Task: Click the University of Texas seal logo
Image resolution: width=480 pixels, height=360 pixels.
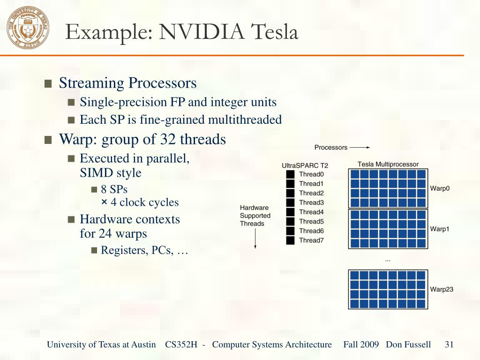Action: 28,27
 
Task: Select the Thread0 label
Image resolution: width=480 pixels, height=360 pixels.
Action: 311,174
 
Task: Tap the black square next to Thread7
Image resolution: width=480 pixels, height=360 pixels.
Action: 290,240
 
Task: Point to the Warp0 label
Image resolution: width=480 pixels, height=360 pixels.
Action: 440,189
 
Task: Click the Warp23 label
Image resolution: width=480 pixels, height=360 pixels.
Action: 442,289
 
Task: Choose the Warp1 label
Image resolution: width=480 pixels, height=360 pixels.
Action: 440,229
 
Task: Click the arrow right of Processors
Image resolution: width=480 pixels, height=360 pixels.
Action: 360,148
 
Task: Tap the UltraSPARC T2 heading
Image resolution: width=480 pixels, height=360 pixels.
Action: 305,165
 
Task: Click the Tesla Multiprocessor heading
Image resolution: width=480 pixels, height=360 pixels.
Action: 388,165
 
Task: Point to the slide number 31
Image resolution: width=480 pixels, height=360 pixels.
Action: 449,345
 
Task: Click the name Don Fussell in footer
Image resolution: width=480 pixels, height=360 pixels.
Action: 408,345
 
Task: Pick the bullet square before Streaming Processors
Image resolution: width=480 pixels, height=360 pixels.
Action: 48,84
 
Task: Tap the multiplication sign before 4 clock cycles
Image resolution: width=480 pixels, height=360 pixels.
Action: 104,202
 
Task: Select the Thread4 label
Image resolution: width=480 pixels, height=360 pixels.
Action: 311,212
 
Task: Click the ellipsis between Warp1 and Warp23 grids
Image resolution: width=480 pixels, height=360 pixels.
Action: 388,259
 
